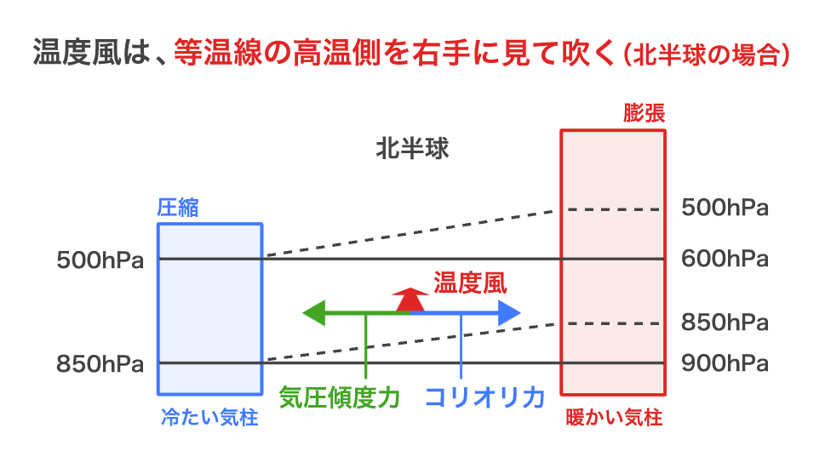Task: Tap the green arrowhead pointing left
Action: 312,312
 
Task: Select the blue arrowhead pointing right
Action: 509,312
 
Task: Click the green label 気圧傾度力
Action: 340,397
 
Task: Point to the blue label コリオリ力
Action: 484,397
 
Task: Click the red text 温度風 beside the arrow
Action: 470,283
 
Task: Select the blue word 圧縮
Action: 178,208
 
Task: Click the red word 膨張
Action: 644,113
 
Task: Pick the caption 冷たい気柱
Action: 209,419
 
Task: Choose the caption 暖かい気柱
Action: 614,419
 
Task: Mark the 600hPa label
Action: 725,259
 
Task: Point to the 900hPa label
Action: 725,364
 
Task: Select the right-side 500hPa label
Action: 725,208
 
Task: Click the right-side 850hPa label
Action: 725,323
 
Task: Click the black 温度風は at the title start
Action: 88,54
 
